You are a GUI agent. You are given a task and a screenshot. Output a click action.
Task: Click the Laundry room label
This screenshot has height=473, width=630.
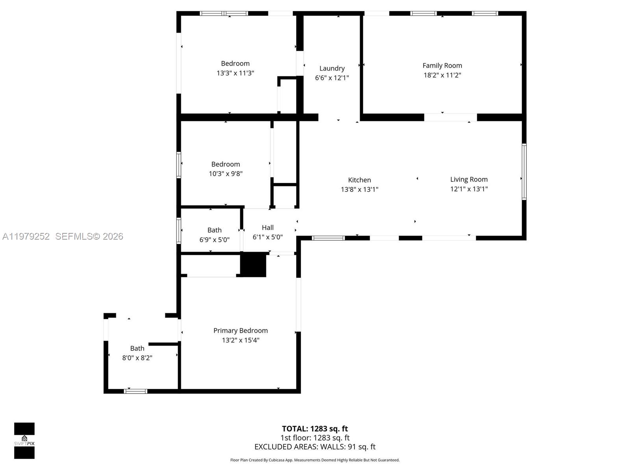[x=332, y=68]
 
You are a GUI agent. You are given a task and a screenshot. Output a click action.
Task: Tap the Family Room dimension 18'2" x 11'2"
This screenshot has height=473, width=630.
[x=442, y=75]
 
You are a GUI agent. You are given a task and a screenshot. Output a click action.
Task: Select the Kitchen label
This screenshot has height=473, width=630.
[x=359, y=180]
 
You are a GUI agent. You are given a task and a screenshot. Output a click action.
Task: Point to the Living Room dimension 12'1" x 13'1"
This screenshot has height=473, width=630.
[x=469, y=189]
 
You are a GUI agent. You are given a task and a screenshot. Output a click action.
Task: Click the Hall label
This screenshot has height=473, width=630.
[x=267, y=227]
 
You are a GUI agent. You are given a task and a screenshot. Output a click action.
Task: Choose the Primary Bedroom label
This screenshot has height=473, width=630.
[x=240, y=330]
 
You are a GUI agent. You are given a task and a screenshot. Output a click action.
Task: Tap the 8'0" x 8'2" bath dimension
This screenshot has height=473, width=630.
[x=137, y=358]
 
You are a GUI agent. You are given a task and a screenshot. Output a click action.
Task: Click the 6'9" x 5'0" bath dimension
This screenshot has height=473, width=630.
[x=214, y=239]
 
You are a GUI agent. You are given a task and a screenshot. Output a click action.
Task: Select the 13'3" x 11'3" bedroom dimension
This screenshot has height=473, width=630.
[x=235, y=73]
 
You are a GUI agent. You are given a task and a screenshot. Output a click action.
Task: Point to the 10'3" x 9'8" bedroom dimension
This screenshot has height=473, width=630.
[x=225, y=173]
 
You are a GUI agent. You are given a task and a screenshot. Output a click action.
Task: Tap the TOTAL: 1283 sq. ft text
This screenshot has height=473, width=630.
[x=315, y=428]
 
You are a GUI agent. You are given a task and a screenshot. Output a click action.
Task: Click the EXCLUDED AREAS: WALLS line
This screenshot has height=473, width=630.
[x=315, y=447]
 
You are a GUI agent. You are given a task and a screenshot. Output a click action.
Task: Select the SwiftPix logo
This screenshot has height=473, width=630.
[x=24, y=440]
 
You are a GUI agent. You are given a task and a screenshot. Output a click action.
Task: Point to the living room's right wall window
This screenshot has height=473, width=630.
[x=524, y=172]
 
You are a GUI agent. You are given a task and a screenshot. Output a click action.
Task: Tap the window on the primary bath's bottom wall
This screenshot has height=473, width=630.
[x=135, y=391]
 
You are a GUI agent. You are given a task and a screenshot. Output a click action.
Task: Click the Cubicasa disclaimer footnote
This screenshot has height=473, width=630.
[x=315, y=460]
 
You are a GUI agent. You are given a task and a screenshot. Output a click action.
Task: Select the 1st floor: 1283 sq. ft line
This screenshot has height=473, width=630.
[x=315, y=438]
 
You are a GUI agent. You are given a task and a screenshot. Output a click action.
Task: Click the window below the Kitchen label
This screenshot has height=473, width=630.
[x=328, y=238]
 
